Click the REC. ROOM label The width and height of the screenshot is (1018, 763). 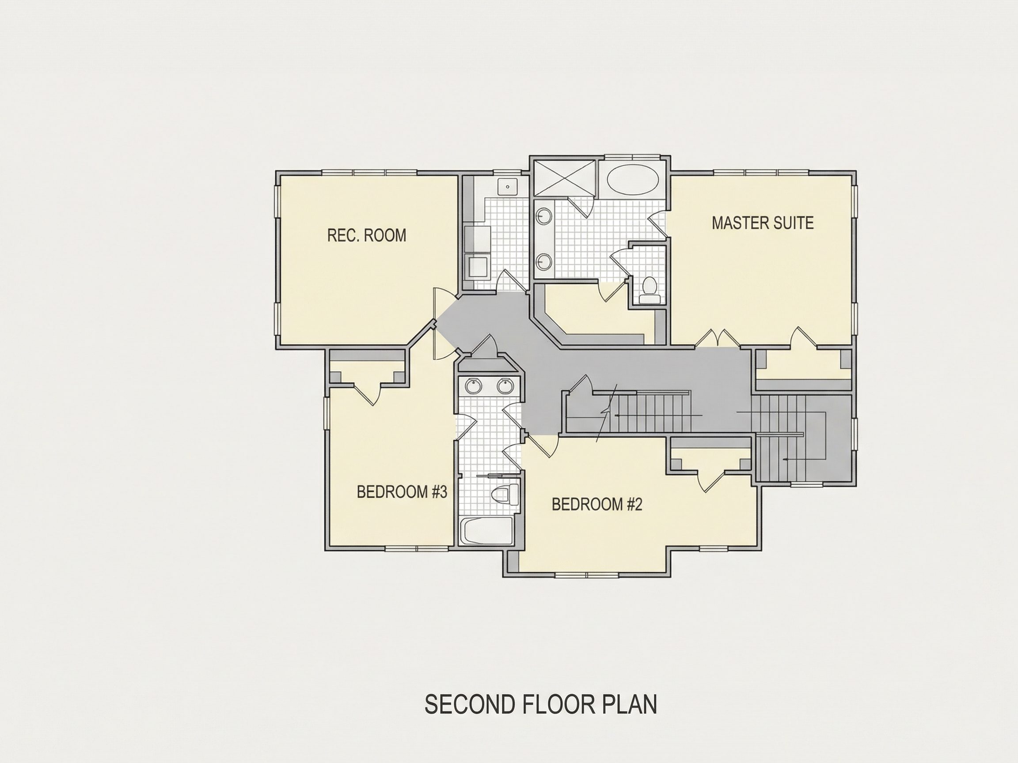point(366,235)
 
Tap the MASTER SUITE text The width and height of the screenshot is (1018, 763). point(763,223)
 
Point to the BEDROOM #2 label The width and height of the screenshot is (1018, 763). point(596,505)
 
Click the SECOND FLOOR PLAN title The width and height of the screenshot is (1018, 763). point(541,704)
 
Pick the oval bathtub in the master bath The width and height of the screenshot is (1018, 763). point(633,180)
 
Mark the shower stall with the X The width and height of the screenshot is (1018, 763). point(564,179)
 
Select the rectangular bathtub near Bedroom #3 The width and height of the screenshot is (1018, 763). point(486,531)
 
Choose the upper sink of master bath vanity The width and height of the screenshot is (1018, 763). point(544,216)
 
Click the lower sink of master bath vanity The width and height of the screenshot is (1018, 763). point(544,261)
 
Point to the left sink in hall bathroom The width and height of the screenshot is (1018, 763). point(473,385)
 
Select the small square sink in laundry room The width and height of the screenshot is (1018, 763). point(508,187)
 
